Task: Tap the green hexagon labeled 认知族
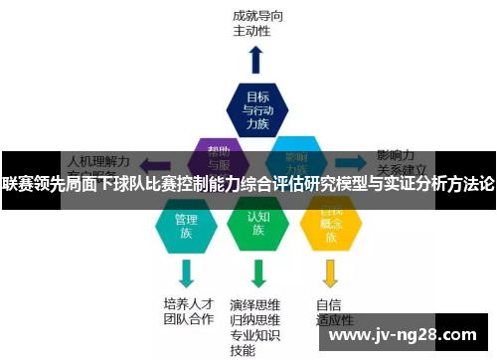pyautogui.click(x=257, y=225)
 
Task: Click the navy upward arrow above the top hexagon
pyautogui.click(x=256, y=59)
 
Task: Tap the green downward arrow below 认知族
pyautogui.click(x=258, y=273)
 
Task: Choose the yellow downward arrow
pyautogui.click(x=331, y=273)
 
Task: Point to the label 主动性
pyautogui.click(x=251, y=31)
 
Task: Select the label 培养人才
pyautogui.click(x=189, y=303)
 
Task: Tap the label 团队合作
pyautogui.click(x=189, y=319)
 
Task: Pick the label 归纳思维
pyautogui.click(x=255, y=320)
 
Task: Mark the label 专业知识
pyautogui.click(x=255, y=336)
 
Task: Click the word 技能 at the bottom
pyautogui.click(x=244, y=351)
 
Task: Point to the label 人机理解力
pyautogui.click(x=97, y=159)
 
